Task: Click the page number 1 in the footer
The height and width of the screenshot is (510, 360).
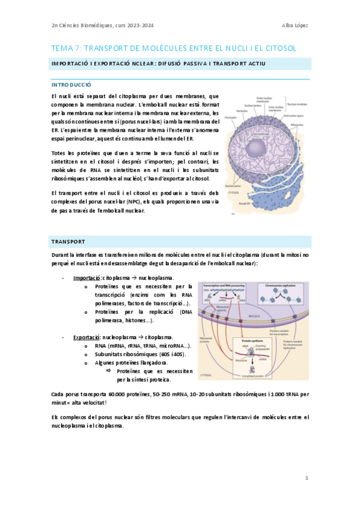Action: [307, 478]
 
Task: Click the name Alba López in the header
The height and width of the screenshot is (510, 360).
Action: [295, 25]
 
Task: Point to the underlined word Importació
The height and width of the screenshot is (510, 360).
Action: [87, 278]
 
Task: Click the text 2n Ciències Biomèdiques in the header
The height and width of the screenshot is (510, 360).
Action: [76, 25]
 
